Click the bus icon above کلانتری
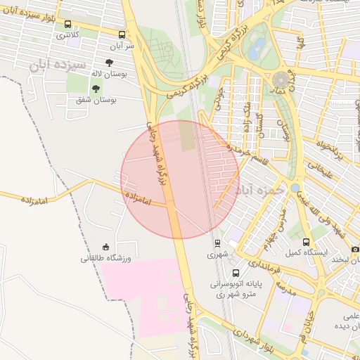67,23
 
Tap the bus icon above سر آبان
122,34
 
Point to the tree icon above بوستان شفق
95,89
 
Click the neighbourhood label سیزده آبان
51,65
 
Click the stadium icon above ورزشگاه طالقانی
106,247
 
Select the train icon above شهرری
217,243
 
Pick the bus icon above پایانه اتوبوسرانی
235,273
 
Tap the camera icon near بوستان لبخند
355,250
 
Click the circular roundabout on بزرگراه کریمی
282,79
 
